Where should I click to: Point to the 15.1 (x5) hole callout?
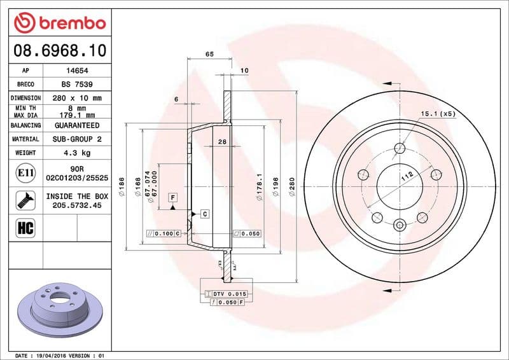pos(438,114)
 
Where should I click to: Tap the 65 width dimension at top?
pos(209,55)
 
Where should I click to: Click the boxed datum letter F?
pos(172,198)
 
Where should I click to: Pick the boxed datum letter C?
pos(205,214)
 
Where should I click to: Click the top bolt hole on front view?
pos(400,149)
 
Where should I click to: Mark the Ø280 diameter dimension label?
pos(291,189)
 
